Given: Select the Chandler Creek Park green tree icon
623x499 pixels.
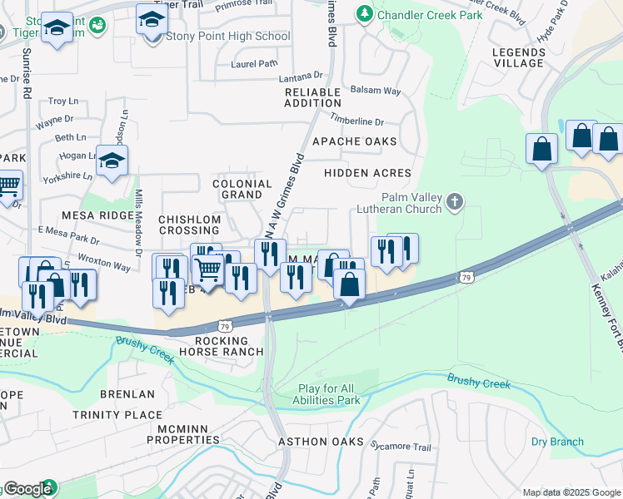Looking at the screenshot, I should (x=364, y=14).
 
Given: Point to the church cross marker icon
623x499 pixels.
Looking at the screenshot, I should (x=454, y=201).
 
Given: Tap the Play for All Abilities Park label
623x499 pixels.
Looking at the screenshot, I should (x=330, y=394).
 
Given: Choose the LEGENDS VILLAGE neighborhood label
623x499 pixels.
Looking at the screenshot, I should (x=518, y=57).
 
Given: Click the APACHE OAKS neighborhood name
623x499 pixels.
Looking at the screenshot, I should (x=354, y=141).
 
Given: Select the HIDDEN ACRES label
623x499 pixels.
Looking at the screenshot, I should (x=367, y=173).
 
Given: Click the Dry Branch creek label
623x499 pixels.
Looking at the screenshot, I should (x=557, y=442).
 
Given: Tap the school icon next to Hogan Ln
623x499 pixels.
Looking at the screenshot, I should (x=112, y=161).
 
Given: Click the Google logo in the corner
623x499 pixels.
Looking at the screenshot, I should (x=27, y=489).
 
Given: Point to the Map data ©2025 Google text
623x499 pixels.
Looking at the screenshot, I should (x=571, y=492).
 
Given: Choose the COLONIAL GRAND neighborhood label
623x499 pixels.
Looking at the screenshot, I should (x=242, y=189).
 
